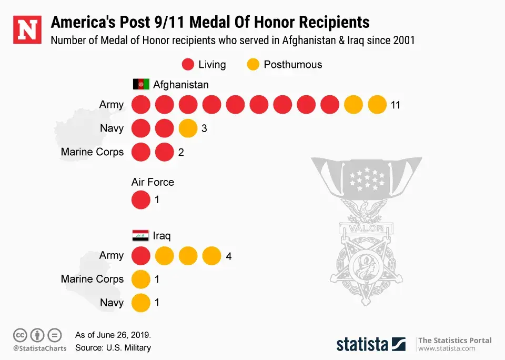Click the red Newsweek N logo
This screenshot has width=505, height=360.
pos(27,30)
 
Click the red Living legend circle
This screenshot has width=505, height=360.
pos(188,65)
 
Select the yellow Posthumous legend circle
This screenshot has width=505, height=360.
pos(254,65)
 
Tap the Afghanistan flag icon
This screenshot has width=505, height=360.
pos(140,84)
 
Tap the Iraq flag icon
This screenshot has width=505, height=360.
pos(140,235)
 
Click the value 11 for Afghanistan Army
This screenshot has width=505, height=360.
pos(396,105)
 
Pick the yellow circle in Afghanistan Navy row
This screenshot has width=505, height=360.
pos(188,128)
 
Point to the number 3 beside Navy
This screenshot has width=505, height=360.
pos(204,128)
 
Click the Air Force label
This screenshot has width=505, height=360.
pos(153,183)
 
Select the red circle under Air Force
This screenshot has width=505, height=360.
pos(140,201)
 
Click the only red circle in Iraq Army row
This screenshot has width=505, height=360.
pos(140,256)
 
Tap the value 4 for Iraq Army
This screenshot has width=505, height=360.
pos(229,257)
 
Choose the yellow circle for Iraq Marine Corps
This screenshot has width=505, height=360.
pos(140,279)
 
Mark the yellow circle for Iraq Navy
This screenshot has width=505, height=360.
pos(140,303)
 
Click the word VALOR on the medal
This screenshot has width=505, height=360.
pos(366,228)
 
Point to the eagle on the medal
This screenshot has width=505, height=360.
pos(366,211)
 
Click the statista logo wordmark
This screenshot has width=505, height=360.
pos(363,344)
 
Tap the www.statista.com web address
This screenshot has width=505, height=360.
pos(447,348)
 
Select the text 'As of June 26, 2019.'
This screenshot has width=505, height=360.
pos(113,335)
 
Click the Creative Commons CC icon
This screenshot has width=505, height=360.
pos(21,335)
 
